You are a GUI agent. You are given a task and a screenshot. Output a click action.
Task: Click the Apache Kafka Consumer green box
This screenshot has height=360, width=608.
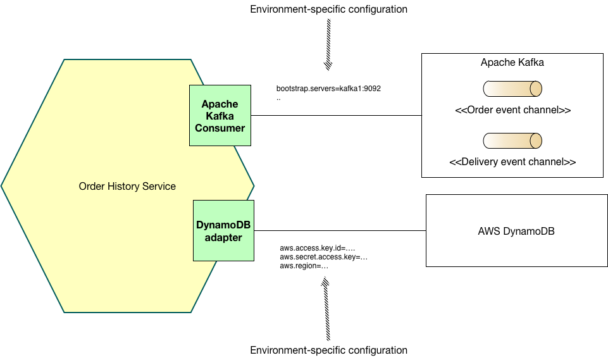220,115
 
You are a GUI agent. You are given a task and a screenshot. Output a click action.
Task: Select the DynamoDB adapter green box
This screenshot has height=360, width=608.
223,230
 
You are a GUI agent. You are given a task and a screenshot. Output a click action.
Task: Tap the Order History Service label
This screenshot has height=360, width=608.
127,186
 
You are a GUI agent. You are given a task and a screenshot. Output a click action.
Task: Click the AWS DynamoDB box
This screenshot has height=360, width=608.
516,231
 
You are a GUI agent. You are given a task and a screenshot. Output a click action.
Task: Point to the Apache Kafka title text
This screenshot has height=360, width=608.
512,63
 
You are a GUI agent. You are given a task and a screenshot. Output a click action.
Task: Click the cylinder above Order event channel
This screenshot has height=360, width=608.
512,88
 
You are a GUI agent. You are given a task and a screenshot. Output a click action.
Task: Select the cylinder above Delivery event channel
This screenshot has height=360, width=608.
512,140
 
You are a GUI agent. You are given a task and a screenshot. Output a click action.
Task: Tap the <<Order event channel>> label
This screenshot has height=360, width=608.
512,110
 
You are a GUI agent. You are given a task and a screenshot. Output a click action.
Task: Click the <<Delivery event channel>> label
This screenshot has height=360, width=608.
512,162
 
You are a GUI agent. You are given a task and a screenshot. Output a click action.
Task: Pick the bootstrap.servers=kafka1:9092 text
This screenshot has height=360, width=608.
328,89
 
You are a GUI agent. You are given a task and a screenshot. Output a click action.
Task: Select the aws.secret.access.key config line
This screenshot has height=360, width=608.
323,258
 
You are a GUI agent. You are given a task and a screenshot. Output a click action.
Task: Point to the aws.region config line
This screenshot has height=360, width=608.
304,266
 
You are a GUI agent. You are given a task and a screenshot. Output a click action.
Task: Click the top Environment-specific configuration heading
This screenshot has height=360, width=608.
329,9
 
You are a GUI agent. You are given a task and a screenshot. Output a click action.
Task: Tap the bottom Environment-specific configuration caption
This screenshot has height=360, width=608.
329,350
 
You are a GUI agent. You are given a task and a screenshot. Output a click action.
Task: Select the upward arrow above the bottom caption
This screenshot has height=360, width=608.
326,310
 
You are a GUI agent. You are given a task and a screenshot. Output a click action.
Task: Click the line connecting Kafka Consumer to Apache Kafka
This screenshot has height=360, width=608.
335,116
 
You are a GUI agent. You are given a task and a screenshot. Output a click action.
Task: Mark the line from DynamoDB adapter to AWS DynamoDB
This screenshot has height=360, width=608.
339,231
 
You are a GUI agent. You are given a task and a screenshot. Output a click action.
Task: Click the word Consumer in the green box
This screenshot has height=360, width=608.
220,128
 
